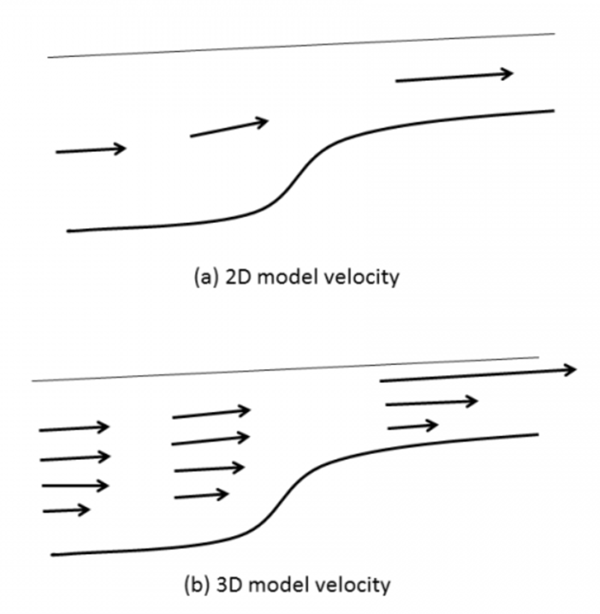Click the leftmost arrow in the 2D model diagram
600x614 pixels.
(x=91, y=150)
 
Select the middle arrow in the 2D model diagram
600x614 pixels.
(x=229, y=128)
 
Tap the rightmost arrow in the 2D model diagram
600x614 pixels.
(x=454, y=77)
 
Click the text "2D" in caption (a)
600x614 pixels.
(x=228, y=277)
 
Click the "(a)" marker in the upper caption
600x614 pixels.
(x=203, y=277)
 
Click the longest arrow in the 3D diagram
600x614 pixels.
(x=477, y=375)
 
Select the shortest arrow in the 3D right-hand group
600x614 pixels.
(x=413, y=426)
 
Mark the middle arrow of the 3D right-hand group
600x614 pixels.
(x=431, y=402)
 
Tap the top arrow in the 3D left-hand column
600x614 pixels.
(x=74, y=428)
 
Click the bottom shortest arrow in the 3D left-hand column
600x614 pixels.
(x=66, y=510)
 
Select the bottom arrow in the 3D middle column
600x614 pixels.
(x=201, y=496)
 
